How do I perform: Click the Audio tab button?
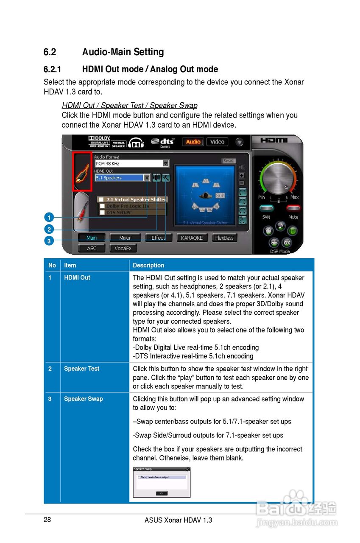193,142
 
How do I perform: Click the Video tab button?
217,142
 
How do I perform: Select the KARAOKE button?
192,238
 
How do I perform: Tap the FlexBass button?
224,238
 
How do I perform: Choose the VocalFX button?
123,249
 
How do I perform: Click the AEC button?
92,249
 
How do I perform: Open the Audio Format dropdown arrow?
166,163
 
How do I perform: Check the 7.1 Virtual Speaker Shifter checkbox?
102,199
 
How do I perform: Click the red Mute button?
293,208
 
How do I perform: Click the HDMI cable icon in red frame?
82,172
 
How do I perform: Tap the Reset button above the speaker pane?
228,161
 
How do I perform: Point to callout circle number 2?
49,229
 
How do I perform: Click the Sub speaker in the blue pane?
220,196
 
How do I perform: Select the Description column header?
148,265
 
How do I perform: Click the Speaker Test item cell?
81,369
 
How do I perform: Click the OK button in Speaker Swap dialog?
162,493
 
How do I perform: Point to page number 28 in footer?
47,520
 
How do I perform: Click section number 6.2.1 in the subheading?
53,69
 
